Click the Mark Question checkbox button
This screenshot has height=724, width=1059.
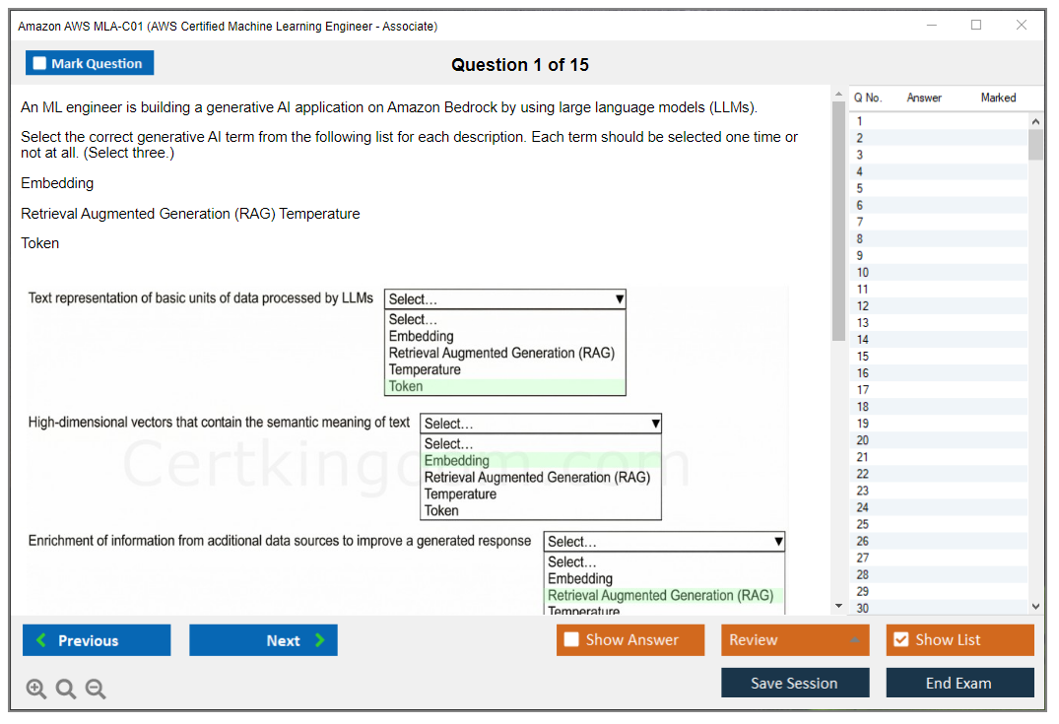tap(90, 63)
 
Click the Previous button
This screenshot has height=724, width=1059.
tap(97, 640)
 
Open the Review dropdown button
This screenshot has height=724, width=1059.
tap(794, 640)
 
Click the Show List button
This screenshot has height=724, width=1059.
tap(960, 640)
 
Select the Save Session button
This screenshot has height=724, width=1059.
tap(794, 683)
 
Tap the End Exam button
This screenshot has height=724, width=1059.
tap(960, 683)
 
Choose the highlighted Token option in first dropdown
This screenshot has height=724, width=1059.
tap(406, 386)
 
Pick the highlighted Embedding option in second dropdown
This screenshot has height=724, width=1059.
tap(456, 460)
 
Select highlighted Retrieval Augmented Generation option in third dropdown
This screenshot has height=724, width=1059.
tap(660, 595)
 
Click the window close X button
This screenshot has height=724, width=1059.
tap(1022, 26)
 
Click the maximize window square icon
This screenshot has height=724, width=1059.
tap(976, 26)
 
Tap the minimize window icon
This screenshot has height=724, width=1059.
tap(931, 26)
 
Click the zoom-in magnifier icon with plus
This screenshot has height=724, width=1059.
tap(36, 690)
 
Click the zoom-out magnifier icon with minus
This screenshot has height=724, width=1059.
tap(96, 690)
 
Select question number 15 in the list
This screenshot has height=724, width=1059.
tap(863, 357)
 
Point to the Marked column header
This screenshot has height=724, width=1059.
tap(998, 98)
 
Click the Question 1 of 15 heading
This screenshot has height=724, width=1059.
tap(520, 65)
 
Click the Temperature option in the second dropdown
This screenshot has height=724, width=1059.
tap(460, 494)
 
